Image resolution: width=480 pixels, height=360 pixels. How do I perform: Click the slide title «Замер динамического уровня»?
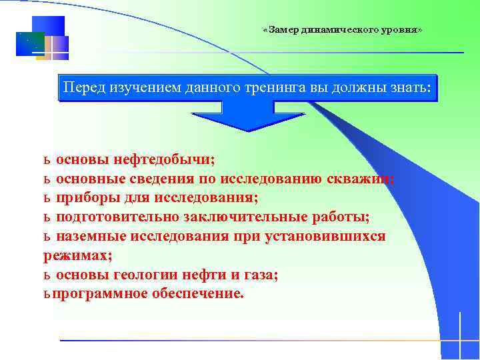tap(342, 31)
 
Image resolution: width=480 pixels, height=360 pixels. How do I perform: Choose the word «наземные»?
tap(92, 237)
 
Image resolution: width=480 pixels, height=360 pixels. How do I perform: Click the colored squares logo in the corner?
tap(42, 39)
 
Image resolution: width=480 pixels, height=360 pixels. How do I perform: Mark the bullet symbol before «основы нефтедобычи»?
tap(47, 161)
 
